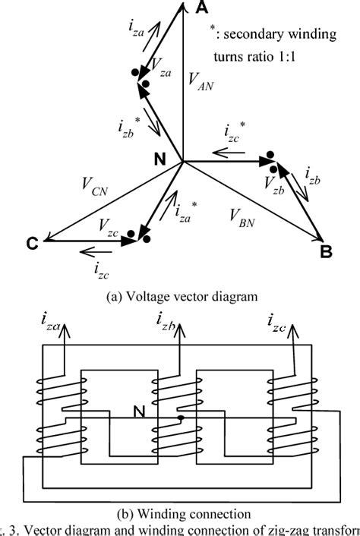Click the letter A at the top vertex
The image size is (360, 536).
click(203, 8)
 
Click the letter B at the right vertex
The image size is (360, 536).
click(325, 252)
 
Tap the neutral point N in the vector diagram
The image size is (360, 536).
click(160, 159)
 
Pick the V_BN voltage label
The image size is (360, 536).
click(243, 216)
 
